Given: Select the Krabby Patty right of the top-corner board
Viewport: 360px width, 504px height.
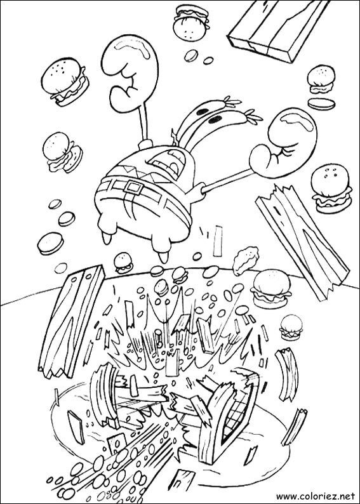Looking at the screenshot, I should [320, 78].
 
